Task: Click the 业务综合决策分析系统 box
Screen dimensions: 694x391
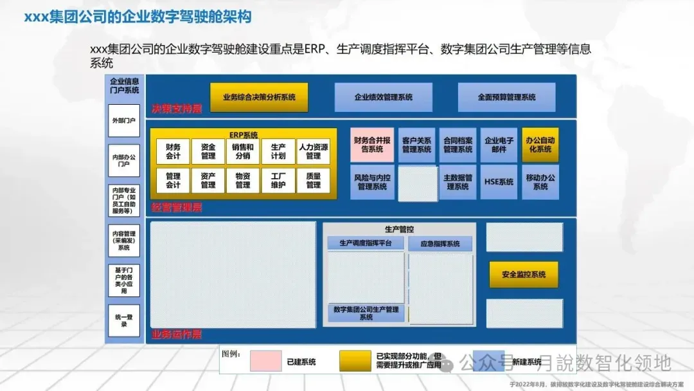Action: coord(259,97)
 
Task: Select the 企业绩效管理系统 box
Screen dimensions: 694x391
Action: coord(383,97)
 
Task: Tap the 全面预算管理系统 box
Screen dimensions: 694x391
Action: coord(506,97)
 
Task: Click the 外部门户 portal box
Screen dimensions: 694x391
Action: coord(123,120)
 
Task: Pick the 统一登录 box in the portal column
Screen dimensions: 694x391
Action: coord(123,320)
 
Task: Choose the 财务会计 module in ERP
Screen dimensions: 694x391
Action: coord(173,151)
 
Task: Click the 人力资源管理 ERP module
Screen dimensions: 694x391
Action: coord(313,151)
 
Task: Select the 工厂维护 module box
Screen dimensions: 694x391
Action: coord(278,180)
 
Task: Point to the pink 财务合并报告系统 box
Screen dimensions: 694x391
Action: coord(372,145)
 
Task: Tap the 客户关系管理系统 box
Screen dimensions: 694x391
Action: coord(416,145)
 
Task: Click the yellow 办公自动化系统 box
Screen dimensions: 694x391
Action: coord(540,145)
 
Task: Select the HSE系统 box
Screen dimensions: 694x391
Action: coord(499,182)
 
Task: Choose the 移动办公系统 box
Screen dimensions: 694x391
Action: coord(540,182)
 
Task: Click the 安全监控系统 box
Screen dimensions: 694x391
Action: coord(524,275)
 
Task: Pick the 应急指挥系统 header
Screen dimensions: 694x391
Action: coord(440,244)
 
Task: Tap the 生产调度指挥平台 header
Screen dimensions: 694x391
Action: coord(366,243)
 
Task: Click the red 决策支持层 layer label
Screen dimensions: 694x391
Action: coord(177,109)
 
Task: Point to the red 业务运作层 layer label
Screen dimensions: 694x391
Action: coord(177,334)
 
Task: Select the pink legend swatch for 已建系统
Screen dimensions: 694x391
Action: coord(265,361)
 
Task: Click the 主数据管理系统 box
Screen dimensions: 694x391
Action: coord(458,182)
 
